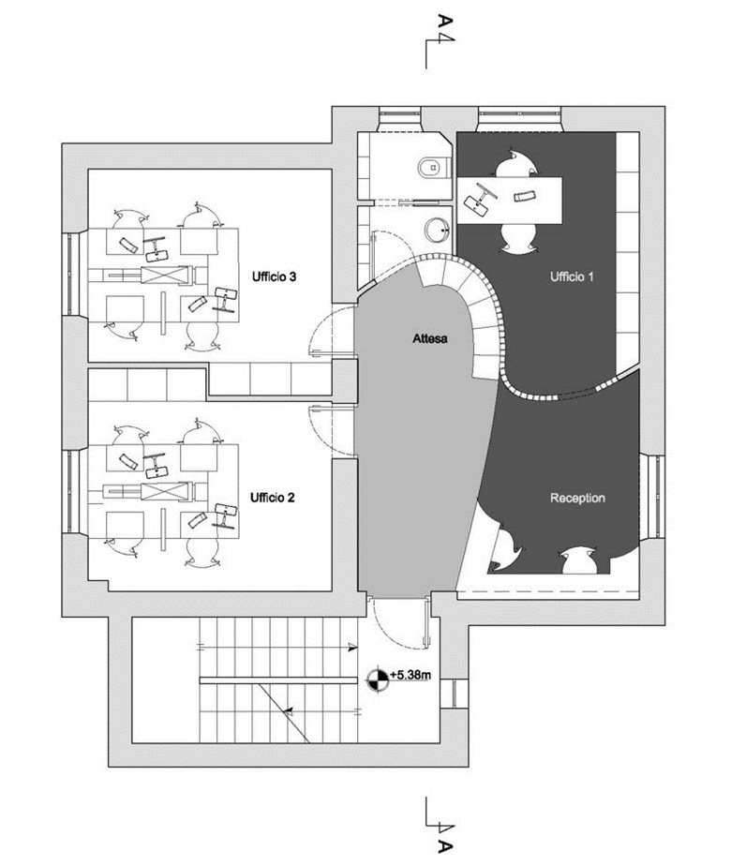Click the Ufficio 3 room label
click(x=274, y=276)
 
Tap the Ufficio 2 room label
click(x=272, y=498)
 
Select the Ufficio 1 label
click(x=572, y=276)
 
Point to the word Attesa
click(x=430, y=338)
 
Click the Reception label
click(x=577, y=498)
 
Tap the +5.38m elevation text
click(x=410, y=675)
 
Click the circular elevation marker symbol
click(x=379, y=679)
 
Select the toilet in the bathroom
click(x=434, y=166)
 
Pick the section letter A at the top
click(x=445, y=22)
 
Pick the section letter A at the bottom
click(x=445, y=846)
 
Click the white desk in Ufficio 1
click(x=510, y=200)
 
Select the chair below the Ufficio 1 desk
click(x=518, y=239)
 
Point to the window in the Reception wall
click(x=655, y=495)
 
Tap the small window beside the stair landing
click(x=455, y=694)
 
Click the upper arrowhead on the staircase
click(x=351, y=648)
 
